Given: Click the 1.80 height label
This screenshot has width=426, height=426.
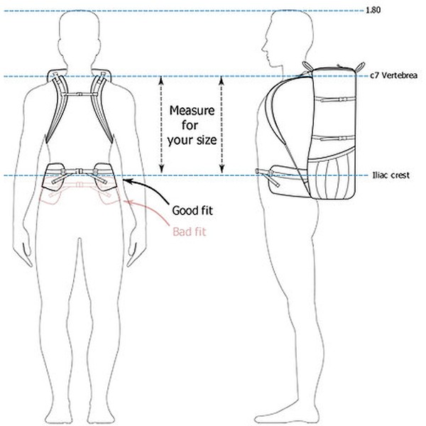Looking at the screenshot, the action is pyautogui.click(x=373, y=11).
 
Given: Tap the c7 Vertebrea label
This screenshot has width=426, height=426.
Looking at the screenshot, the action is pyautogui.click(x=393, y=75).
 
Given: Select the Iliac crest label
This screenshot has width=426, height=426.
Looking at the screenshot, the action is pyautogui.click(x=391, y=175).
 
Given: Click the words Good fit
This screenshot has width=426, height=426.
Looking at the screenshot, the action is pyautogui.click(x=192, y=211).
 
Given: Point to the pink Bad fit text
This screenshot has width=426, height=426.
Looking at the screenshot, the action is pyautogui.click(x=190, y=231).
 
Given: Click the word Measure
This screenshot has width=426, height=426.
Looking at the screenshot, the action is pyautogui.click(x=192, y=110).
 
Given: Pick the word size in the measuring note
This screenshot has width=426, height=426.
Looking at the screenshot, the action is pyautogui.click(x=204, y=140).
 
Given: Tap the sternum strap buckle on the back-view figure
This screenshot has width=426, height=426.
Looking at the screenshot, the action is pyautogui.click(x=79, y=94).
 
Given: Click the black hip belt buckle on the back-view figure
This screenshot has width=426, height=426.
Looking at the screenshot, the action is pyautogui.click(x=80, y=171).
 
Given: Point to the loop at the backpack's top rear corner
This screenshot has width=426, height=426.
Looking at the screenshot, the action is pyautogui.click(x=360, y=66).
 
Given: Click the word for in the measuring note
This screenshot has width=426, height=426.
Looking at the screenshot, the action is pyautogui.click(x=190, y=125).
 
